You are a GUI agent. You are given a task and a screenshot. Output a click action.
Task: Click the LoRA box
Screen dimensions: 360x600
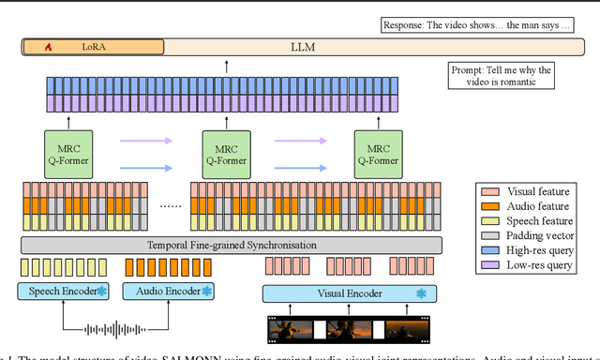click(93, 45)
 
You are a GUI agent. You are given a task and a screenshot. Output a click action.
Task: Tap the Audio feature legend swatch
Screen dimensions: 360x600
click(487, 205)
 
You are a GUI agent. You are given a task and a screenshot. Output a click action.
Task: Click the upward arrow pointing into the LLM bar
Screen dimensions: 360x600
click(226, 67)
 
